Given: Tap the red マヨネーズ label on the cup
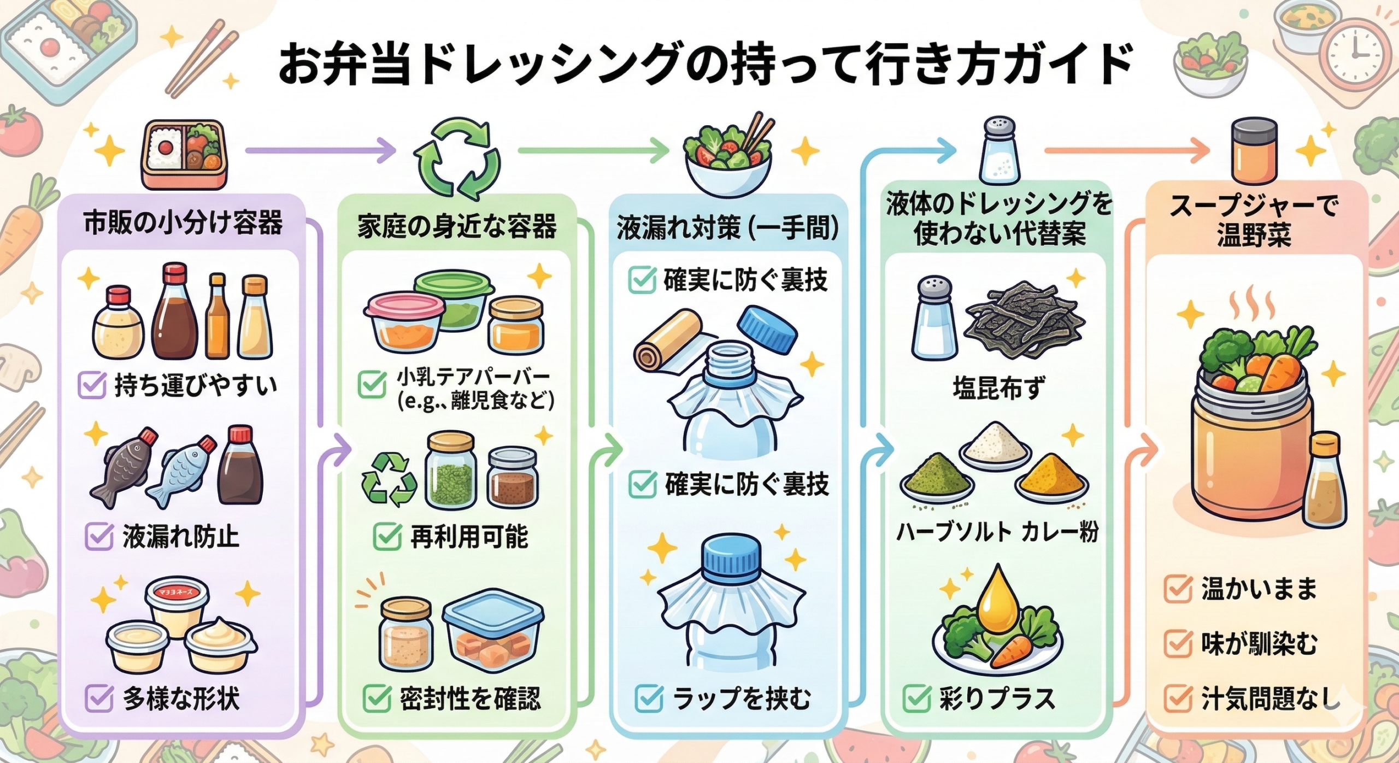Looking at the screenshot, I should click(x=177, y=591).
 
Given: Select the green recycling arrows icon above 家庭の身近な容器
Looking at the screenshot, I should click(x=457, y=159).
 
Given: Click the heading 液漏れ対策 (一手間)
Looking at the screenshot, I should click(x=727, y=228).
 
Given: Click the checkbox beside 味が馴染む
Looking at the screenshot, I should click(x=1177, y=643).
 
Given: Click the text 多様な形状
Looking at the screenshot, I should click(x=181, y=699).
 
